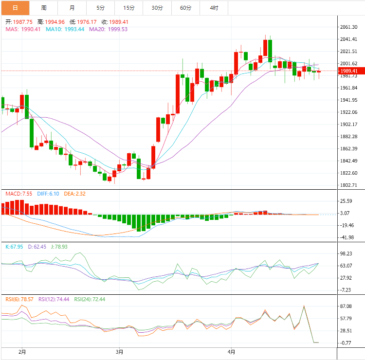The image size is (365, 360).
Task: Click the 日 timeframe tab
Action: [x=15, y=8]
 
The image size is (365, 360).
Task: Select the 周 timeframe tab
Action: [x=44, y=8]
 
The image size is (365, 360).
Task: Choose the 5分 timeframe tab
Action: [x=100, y=8]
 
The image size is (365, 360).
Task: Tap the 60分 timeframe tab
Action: [x=185, y=8]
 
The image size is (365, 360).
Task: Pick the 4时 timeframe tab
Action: [x=214, y=8]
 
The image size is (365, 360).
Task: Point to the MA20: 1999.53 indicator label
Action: [x=108, y=29]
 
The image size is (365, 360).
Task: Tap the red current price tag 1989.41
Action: [x=349, y=71]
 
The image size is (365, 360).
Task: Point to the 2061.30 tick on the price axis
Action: [x=348, y=27]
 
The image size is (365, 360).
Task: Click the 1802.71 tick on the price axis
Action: [x=348, y=185]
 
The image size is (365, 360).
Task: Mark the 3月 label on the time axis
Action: [x=120, y=351]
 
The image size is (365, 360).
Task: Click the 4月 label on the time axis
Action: [x=232, y=351]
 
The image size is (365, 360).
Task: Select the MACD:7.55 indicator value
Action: [x=18, y=194]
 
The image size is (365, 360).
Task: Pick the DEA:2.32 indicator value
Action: [x=74, y=194]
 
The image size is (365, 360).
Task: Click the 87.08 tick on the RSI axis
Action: [x=347, y=306]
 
